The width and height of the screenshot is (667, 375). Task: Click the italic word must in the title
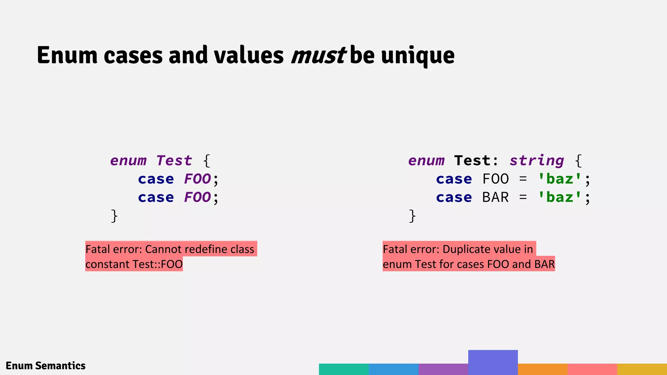pyautogui.click(x=318, y=55)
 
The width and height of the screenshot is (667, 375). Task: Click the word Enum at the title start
pyautogui.click(x=67, y=55)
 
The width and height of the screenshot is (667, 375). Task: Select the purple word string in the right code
pyautogui.click(x=536, y=161)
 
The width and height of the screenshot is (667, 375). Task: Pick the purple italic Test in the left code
pyautogui.click(x=174, y=160)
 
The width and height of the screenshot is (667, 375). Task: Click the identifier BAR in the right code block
pyautogui.click(x=495, y=197)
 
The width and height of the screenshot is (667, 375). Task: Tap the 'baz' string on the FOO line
pyautogui.click(x=560, y=179)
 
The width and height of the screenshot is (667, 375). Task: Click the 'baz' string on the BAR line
pyautogui.click(x=560, y=197)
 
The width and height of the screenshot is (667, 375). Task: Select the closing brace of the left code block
pyautogui.click(x=114, y=216)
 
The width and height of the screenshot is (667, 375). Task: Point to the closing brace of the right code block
pyautogui.click(x=412, y=216)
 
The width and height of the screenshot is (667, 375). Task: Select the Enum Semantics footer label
pyautogui.click(x=46, y=366)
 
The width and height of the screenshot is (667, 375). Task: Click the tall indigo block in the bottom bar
pyautogui.click(x=493, y=362)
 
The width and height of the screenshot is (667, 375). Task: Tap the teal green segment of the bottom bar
pyautogui.click(x=344, y=369)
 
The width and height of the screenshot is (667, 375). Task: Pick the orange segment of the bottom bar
pyautogui.click(x=543, y=369)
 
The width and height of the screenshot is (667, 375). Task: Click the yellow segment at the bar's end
pyautogui.click(x=642, y=369)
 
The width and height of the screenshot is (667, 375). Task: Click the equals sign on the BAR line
pyautogui.click(x=523, y=197)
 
